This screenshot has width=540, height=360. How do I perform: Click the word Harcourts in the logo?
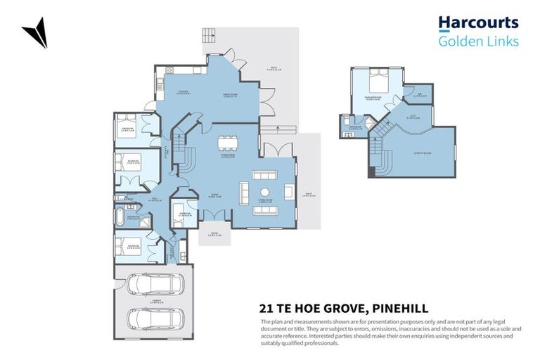coord(478,23)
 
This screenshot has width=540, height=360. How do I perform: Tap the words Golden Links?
coord(478,41)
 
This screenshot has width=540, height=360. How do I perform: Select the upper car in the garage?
coord(155,285)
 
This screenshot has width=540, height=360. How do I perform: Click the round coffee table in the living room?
coord(265,192)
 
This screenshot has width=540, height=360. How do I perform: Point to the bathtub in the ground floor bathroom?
coord(120,217)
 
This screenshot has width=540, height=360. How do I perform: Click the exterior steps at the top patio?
coord(209,35)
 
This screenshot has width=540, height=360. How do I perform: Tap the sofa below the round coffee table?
coord(265,209)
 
